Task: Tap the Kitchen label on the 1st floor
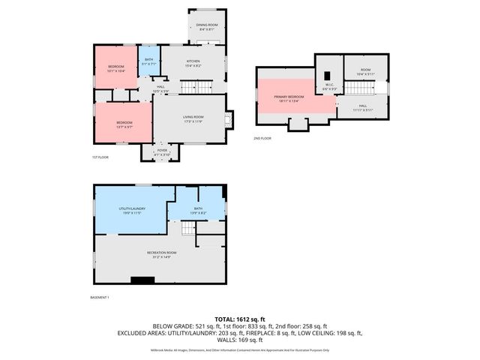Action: point(193,62)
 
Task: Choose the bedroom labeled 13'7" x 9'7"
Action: point(124,124)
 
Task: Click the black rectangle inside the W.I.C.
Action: point(327,75)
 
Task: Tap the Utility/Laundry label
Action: point(131,210)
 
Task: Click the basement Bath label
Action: point(198,210)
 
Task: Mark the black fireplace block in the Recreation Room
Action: point(139,280)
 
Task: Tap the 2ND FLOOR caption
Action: point(263,138)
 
